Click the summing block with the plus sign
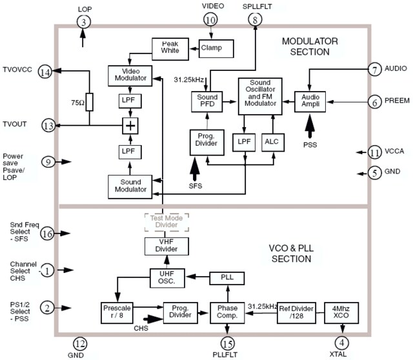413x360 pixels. (131, 125)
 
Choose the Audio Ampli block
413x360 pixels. (311, 99)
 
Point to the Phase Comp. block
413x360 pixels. (227, 313)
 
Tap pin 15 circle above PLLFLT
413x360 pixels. (227, 343)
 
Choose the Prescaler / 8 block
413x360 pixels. (117, 313)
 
